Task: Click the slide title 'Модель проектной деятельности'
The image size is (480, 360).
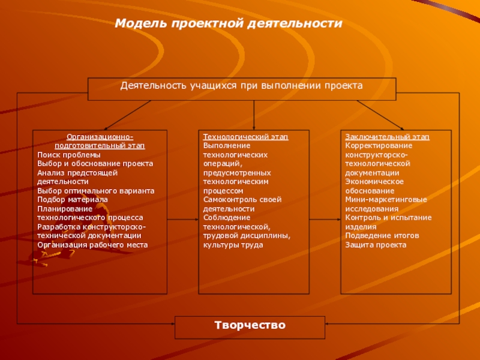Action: (229, 23)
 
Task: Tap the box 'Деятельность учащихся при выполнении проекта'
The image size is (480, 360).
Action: (242, 86)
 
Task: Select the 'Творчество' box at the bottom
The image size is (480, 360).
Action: (250, 325)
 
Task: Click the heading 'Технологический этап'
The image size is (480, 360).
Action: (245, 137)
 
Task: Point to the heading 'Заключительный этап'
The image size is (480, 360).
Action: (387, 137)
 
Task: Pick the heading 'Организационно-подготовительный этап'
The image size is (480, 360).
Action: (100, 142)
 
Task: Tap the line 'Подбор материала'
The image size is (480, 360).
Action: (72, 199)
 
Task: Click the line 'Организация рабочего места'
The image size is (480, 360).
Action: (92, 245)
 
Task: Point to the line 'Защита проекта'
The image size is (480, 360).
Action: (376, 245)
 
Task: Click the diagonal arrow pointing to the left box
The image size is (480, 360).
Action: (128, 115)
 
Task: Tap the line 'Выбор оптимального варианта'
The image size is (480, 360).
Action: (95, 190)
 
